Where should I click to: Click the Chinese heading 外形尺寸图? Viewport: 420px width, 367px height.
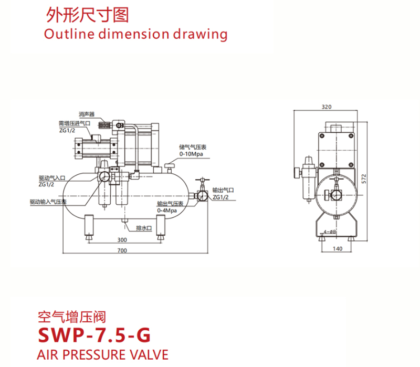[x=87, y=15]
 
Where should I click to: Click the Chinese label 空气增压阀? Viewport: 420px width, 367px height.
[x=72, y=317]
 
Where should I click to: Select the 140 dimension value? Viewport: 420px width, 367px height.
[x=338, y=248]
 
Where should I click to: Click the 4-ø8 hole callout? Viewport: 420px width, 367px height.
[x=330, y=232]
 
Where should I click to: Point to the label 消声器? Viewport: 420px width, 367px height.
[x=86, y=113]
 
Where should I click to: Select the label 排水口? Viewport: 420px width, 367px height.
[x=143, y=228]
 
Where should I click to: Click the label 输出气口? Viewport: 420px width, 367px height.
[x=223, y=191]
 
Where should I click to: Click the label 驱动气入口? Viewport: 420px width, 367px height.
[x=51, y=177]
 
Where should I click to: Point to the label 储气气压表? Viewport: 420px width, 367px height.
[x=192, y=148]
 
